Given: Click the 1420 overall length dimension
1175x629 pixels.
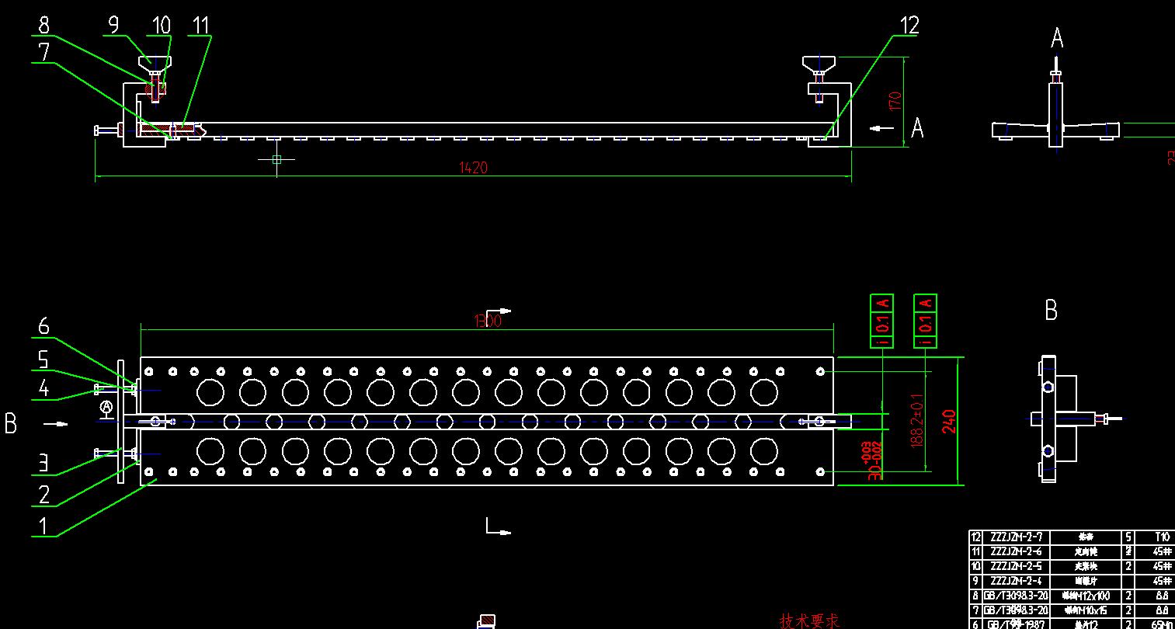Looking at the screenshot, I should tap(474, 168).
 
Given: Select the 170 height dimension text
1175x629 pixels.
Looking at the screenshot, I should tap(895, 102).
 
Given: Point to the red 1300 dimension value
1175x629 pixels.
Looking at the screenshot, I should tap(487, 321).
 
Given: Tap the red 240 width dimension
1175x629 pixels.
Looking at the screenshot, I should tap(948, 421).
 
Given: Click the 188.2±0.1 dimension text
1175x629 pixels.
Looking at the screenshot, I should tap(918, 420).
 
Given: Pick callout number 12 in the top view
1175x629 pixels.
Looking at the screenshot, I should tap(909, 26).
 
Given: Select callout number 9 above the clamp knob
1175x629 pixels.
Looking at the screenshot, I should tap(113, 25).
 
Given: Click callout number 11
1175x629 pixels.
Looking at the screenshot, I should tap(201, 26).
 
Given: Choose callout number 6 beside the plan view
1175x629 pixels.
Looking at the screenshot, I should tap(43, 326).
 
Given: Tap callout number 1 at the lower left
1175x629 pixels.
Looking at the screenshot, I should tap(43, 526).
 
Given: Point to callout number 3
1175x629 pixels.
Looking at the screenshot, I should tap(43, 464).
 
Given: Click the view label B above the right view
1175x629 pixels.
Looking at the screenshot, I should tap(1051, 311).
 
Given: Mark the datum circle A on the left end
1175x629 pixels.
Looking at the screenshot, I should tap(106, 407).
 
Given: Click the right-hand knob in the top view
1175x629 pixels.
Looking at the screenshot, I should tap(819, 63).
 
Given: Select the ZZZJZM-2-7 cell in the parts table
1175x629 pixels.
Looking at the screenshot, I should tap(1017, 537).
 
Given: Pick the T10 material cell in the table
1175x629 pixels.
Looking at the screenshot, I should tap(1162, 537).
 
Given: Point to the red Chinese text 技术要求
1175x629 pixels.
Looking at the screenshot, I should tap(809, 621).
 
